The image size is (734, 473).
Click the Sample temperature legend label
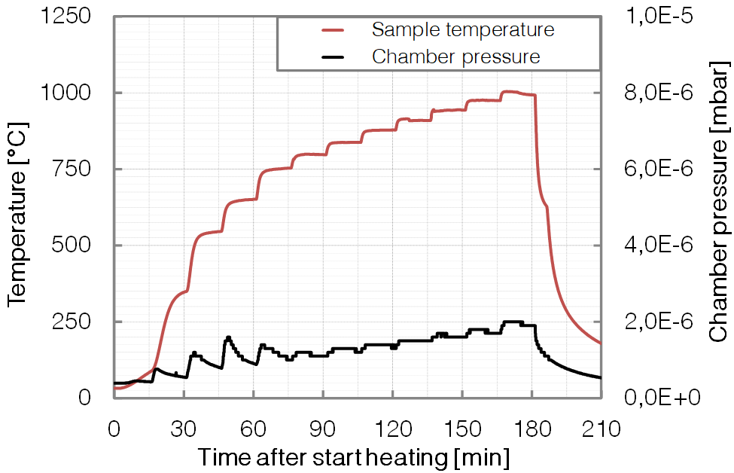click(x=463, y=30)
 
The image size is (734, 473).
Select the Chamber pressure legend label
click(x=455, y=56)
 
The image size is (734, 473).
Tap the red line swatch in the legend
click(x=333, y=30)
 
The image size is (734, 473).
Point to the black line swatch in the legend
click(x=333, y=56)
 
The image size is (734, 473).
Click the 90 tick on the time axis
click(x=322, y=430)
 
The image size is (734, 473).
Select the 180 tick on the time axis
click(x=531, y=430)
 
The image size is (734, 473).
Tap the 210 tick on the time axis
click(x=601, y=430)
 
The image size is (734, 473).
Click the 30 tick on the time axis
click(x=184, y=430)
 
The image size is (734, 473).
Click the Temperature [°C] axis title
click(x=18, y=206)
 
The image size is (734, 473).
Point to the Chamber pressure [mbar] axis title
click(x=718, y=206)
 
